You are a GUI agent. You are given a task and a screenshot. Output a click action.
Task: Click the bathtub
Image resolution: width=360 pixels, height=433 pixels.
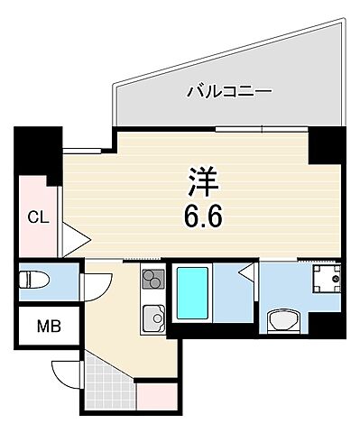[193, 293]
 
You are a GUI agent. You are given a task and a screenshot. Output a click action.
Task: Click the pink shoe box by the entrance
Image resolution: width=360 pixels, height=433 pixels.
[155, 395]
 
